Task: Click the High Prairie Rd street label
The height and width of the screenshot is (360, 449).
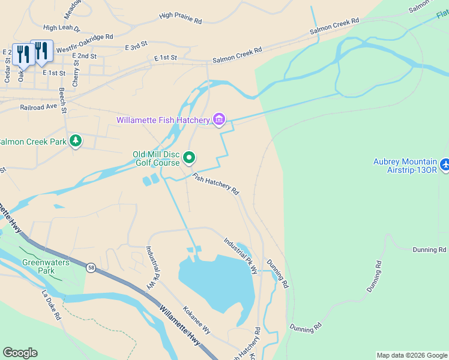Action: tap(180, 18)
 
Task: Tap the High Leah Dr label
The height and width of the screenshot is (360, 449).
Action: tap(62, 28)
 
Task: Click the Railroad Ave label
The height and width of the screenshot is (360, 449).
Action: tap(38, 106)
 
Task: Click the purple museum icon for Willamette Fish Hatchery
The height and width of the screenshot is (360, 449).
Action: tap(218, 121)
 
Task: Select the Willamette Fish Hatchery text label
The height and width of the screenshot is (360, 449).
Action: tap(163, 121)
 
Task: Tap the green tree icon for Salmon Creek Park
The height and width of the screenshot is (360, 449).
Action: tap(76, 141)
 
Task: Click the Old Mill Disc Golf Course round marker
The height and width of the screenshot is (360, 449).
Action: tap(189, 158)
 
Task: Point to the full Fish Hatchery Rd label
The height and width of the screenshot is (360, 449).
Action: tap(215, 184)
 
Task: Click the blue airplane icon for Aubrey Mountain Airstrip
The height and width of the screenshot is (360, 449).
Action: tap(444, 164)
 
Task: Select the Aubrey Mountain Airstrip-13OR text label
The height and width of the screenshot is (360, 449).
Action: tap(405, 166)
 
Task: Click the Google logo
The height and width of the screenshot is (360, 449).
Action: tap(20, 352)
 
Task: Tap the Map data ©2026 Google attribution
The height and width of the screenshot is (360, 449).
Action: tap(412, 355)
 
